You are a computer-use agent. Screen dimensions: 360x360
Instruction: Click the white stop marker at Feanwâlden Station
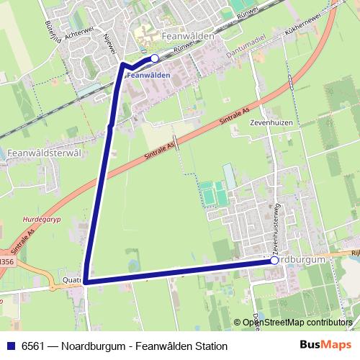(x=154, y=58)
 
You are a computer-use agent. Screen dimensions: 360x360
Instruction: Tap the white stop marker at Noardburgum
(x=274, y=261)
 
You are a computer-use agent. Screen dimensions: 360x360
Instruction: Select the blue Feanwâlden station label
(x=150, y=75)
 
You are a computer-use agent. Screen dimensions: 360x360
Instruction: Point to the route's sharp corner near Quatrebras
(x=85, y=282)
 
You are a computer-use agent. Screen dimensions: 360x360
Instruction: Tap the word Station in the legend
(x=210, y=346)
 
